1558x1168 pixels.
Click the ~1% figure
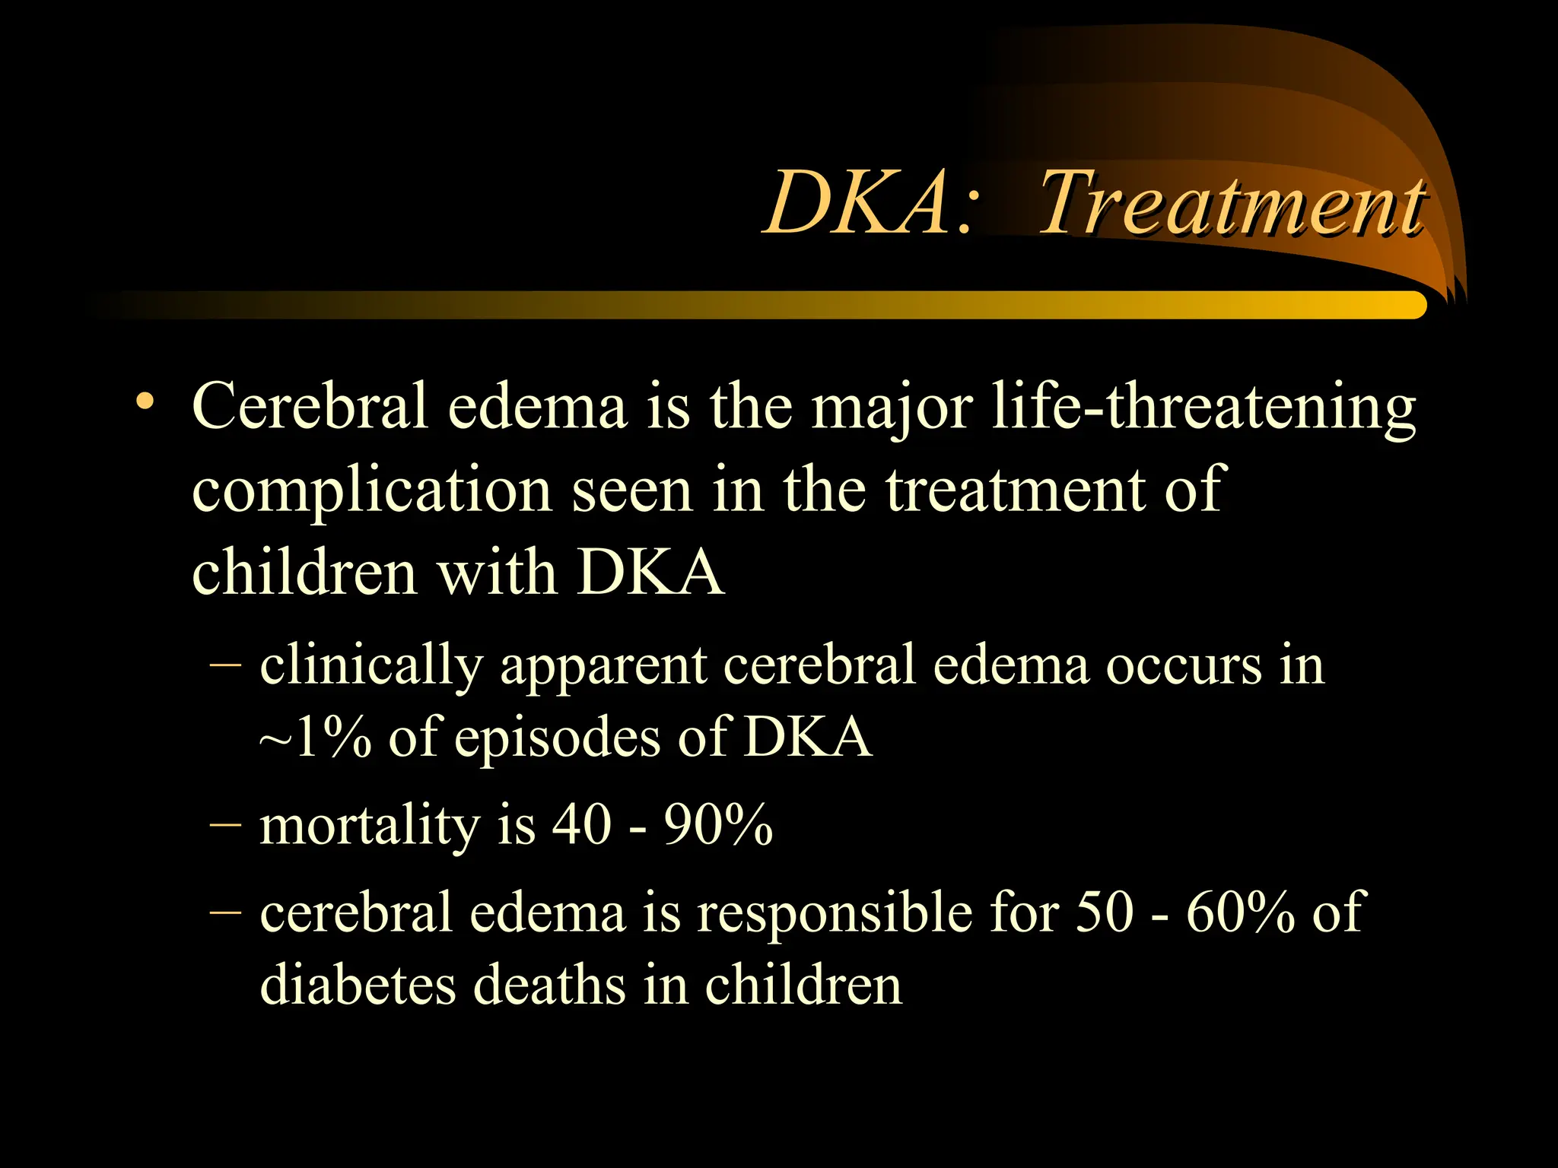point(316,737)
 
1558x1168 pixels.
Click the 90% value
point(718,824)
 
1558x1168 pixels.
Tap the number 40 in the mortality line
point(582,824)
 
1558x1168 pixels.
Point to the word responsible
point(835,912)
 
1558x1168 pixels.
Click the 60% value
point(1240,912)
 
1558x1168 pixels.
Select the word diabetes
point(358,985)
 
